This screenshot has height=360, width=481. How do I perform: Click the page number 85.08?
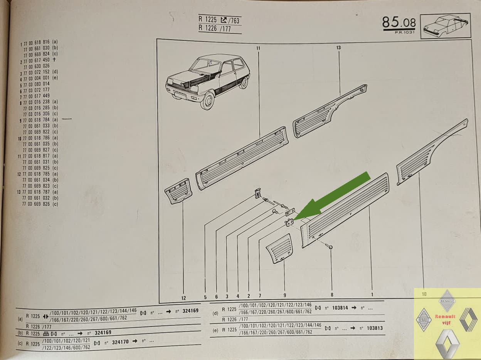399,23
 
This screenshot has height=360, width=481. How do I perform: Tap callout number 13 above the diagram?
338,47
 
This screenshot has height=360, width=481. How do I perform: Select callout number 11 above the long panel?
258,48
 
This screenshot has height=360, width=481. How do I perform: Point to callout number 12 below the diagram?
183,298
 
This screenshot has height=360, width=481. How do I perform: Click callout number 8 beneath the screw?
332,295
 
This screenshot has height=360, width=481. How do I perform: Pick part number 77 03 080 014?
36,84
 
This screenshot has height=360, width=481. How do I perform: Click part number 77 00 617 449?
36,96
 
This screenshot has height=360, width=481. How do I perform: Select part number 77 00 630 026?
36,66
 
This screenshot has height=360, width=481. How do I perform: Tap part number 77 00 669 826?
36,204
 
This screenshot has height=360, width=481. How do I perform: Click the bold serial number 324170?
120,342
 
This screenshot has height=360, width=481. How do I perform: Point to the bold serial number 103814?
340,308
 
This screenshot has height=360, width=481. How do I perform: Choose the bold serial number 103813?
375,328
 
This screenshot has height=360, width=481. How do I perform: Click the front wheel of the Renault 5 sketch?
207,101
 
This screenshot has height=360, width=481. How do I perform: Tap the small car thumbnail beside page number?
446,26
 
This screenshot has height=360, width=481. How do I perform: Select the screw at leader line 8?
329,246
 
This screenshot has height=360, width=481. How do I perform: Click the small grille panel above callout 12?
178,191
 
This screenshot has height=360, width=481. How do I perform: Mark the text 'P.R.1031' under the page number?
405,32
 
